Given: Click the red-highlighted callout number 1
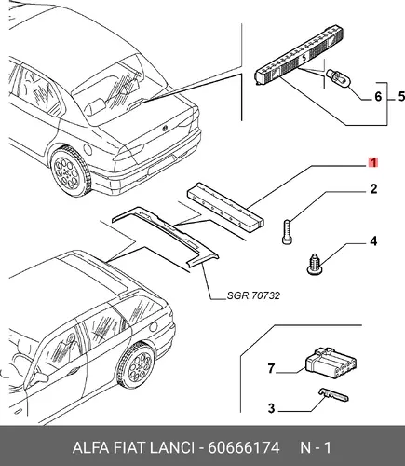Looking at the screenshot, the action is tap(373, 162).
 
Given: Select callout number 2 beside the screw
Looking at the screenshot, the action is tap(373, 189).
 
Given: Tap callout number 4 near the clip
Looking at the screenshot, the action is tap(373, 241).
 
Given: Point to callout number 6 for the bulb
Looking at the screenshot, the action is tap(378, 96).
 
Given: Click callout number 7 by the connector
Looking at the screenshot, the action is tap(271, 368).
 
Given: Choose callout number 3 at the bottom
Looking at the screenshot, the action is tap(272, 408).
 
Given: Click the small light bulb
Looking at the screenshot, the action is tap(339, 79).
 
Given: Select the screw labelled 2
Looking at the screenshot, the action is tap(287, 232).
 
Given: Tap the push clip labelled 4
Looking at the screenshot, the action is tap(315, 265).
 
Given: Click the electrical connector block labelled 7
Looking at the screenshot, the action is tap(331, 362).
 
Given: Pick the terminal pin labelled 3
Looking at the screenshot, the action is tap(333, 395).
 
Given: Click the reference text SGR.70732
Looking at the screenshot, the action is tap(253, 295).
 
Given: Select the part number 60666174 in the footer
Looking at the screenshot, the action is tap(244, 447).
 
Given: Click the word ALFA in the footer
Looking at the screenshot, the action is tap(90, 447).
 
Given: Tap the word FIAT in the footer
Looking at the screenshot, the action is tap(129, 447).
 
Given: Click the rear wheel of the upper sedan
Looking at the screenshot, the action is tap(70, 171).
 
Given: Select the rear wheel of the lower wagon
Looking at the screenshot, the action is tap(138, 365).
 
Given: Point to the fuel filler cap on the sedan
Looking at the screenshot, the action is tap(88, 149).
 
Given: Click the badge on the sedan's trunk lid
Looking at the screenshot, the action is tap(165, 129).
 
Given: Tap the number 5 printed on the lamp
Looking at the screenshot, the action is tap(304, 58).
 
